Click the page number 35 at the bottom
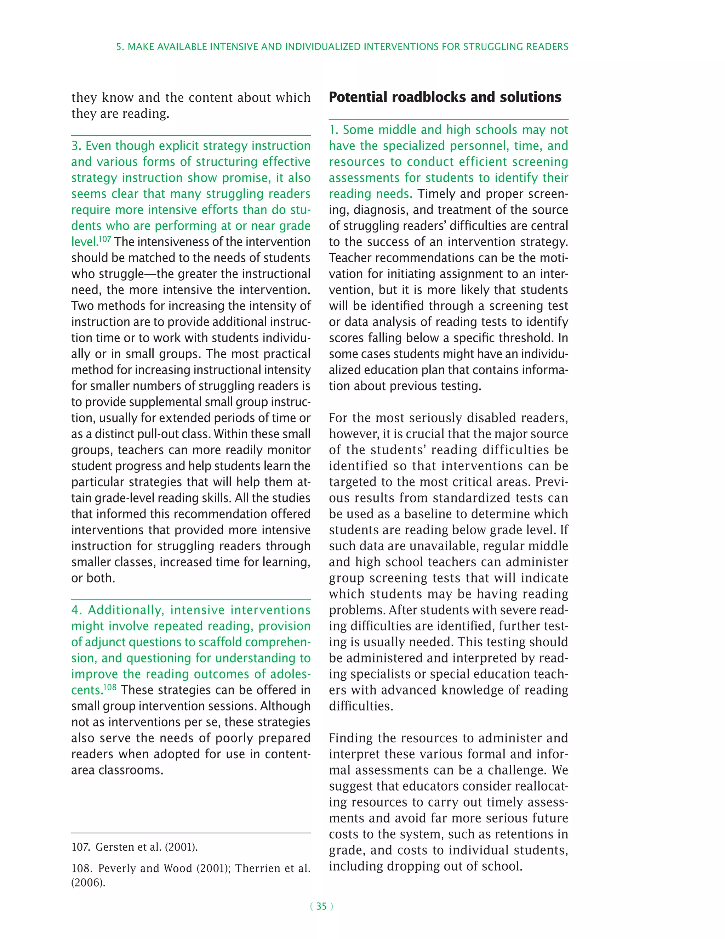coord(321,906)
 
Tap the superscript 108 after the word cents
coord(110,687)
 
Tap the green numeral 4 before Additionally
coord(76,610)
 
